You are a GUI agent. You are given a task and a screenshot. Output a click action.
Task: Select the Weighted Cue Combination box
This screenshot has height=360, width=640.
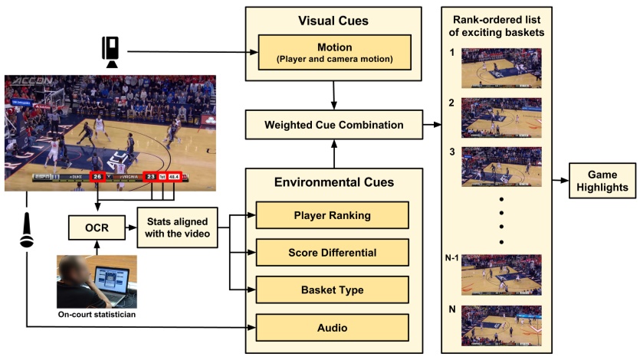[334, 123]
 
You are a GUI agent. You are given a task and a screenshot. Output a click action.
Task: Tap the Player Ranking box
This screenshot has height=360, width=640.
[333, 215]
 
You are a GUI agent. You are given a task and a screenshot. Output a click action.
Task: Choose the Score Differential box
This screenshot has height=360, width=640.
[333, 252]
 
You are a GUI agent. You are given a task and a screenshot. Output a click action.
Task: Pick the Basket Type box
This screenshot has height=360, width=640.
[333, 289]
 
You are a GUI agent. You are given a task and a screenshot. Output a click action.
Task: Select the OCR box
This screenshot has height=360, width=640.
[97, 227]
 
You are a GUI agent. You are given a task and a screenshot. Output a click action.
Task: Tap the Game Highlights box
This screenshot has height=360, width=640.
[602, 181]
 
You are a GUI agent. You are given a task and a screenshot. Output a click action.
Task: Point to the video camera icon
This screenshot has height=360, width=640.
[110, 51]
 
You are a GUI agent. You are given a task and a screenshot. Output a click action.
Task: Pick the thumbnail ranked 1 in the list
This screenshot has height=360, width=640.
[501, 68]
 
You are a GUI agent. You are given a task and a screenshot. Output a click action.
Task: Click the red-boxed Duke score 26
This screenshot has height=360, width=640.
[97, 177]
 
